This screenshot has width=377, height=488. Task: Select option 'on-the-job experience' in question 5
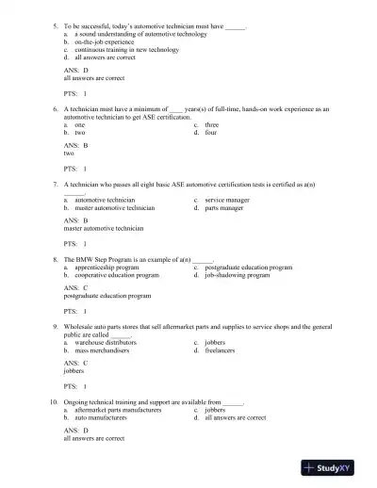(107, 42)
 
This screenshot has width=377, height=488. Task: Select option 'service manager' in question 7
(227, 200)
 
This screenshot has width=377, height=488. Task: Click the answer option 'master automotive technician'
(114, 207)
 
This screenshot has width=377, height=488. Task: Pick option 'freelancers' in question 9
(223, 350)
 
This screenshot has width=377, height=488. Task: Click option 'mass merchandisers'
(106, 350)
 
